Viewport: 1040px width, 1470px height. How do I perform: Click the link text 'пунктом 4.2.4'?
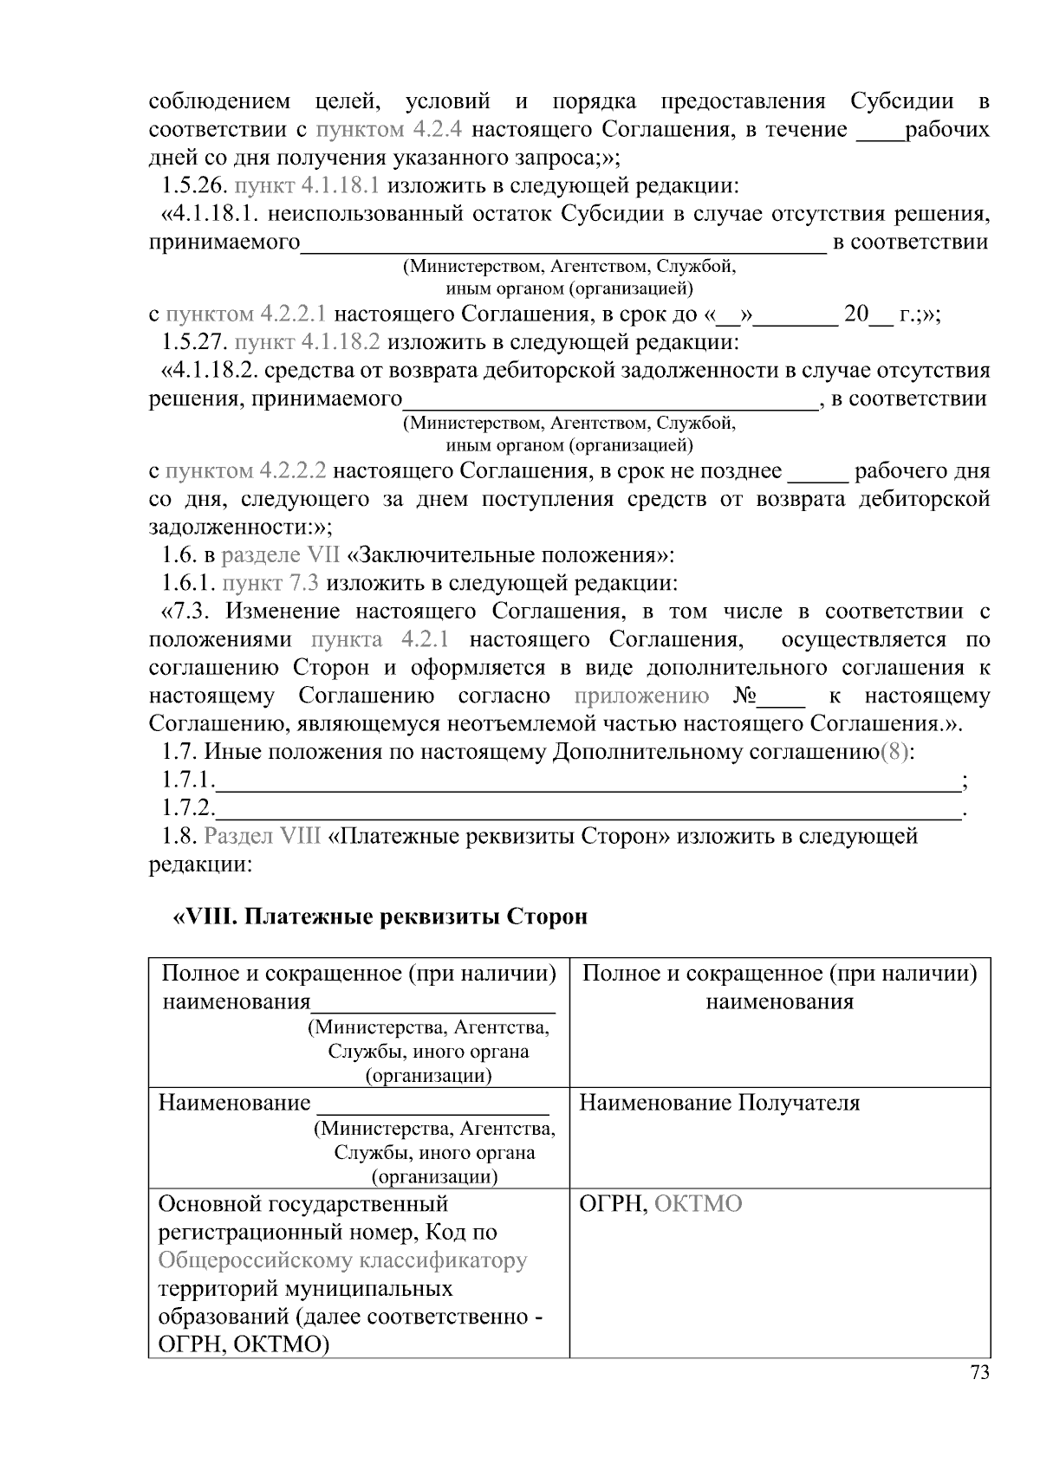point(389,130)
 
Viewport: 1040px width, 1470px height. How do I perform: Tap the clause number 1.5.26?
point(194,185)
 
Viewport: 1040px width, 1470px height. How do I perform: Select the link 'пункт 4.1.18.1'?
point(307,185)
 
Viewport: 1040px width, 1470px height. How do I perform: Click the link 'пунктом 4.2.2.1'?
point(246,314)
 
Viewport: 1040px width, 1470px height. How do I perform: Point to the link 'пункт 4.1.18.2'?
point(307,341)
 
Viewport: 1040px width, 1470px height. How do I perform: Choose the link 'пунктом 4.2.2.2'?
point(246,471)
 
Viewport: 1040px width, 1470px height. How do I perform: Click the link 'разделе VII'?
point(281,555)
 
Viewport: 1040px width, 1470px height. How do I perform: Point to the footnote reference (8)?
point(895,752)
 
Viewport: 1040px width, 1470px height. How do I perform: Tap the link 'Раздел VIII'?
point(263,836)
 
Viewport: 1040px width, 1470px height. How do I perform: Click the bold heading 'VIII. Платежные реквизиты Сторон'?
point(381,916)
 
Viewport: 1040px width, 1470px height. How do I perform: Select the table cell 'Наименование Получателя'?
point(719,1103)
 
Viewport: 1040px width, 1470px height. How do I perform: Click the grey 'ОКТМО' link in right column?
point(699,1204)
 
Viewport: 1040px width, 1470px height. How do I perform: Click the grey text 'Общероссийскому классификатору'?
point(342,1260)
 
